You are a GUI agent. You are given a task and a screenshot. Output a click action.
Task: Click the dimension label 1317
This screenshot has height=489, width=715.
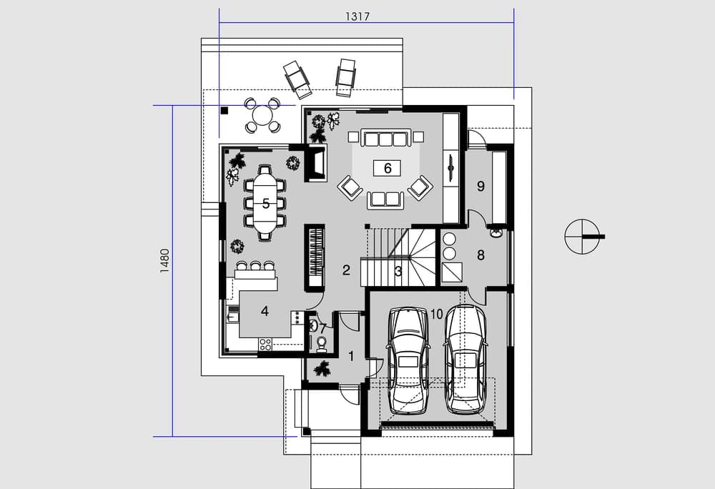357,16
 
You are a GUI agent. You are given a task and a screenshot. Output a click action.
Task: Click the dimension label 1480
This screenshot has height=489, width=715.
164,261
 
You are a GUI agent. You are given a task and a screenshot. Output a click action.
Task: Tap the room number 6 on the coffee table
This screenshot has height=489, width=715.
388,168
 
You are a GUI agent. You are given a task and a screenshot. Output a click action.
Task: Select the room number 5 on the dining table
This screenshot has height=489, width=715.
266,203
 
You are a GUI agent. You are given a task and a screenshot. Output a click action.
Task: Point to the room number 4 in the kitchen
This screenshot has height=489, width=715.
265,311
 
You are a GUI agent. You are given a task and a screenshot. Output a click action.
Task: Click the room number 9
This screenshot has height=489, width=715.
480,186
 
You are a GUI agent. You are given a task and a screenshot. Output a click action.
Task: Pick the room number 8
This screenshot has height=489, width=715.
480,255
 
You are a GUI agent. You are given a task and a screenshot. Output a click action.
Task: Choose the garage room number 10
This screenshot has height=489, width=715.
436,314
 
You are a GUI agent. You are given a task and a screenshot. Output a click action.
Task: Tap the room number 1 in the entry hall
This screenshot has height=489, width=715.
351,356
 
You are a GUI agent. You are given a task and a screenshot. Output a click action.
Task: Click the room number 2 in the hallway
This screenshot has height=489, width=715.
346,270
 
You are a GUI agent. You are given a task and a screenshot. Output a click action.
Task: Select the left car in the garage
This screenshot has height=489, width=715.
408,360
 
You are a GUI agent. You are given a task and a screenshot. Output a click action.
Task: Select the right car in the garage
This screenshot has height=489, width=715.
465,359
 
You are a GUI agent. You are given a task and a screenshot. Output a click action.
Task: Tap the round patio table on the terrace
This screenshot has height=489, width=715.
262,115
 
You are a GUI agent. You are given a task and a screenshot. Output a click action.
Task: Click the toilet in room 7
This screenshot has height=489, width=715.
322,344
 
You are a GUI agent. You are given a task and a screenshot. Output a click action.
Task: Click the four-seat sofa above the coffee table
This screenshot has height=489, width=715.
386,138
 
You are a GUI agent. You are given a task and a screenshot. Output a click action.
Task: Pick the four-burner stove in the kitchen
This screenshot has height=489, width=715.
265,344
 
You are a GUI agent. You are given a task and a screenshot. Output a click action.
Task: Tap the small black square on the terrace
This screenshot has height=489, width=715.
225,110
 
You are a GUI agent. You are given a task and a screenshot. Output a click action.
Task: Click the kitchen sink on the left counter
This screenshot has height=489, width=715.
232,315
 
